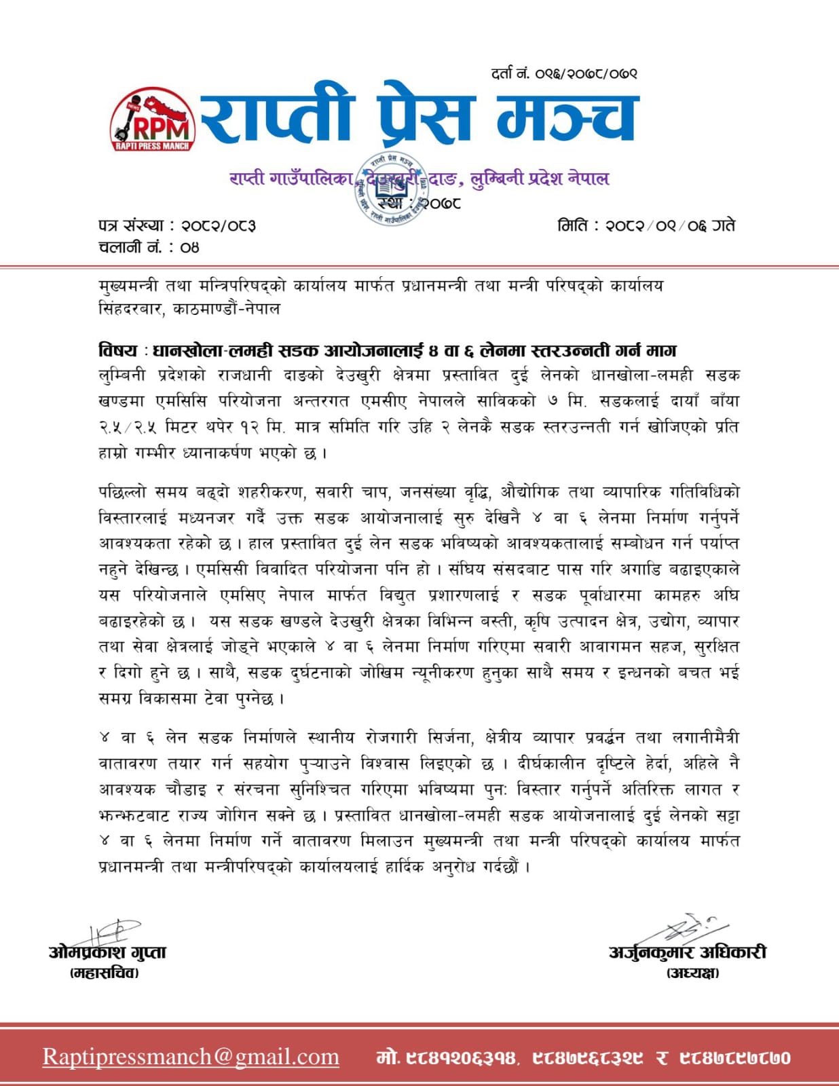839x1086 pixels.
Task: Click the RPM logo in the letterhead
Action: (152, 119)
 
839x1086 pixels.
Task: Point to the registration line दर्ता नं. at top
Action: (564, 73)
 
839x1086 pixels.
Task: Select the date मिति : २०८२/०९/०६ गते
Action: (646, 225)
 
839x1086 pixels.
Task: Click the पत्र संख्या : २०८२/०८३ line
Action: (177, 225)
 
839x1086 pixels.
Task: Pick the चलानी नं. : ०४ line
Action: (149, 247)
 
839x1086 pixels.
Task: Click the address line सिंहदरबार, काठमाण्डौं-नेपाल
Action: (189, 309)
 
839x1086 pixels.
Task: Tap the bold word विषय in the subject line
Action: (118, 350)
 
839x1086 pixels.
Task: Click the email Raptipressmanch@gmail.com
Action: (191, 1057)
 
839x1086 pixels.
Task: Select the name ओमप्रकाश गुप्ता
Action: (107, 952)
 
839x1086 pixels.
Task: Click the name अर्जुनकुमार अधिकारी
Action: (687, 952)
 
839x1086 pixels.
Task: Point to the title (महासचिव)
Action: (105, 973)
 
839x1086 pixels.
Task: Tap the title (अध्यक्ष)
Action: (692, 973)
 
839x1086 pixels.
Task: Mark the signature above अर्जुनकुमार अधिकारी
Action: (686, 928)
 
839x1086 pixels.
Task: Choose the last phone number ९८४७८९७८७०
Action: (734, 1057)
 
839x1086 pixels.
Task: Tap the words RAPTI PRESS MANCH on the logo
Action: (152, 145)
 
